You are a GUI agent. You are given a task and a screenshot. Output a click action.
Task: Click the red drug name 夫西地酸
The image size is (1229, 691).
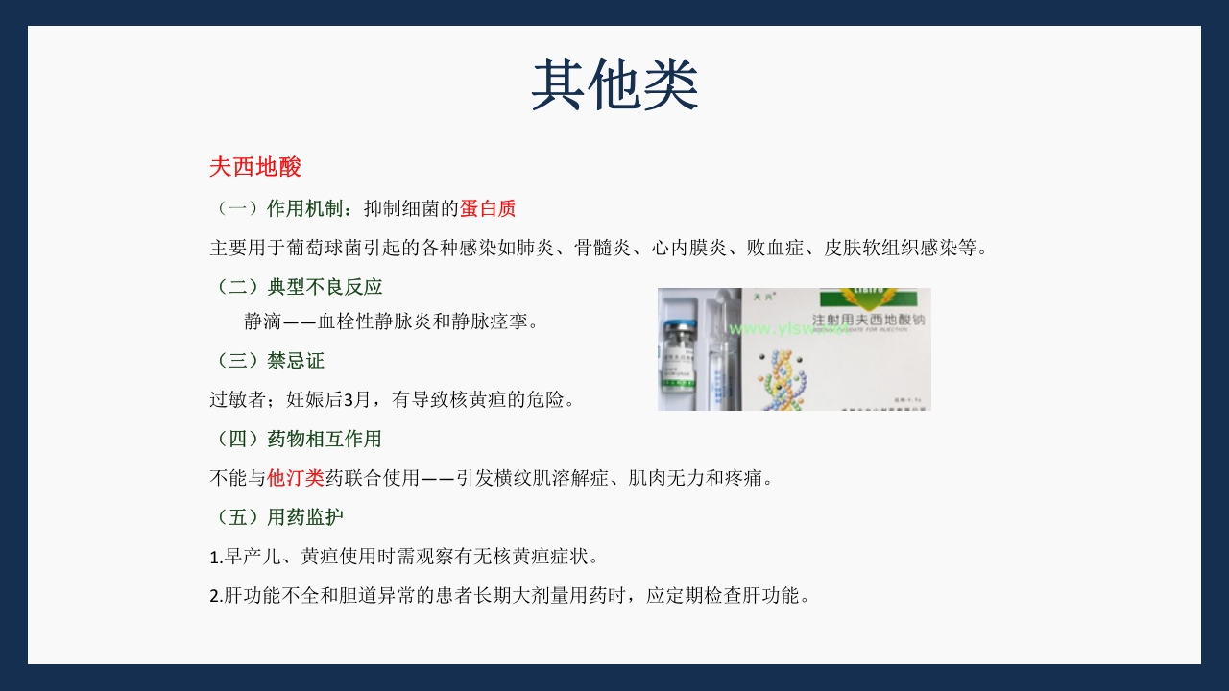[255, 167]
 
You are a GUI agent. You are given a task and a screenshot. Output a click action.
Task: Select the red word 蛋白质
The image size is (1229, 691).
[488, 208]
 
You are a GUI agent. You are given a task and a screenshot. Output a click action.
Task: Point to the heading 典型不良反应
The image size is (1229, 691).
[325, 286]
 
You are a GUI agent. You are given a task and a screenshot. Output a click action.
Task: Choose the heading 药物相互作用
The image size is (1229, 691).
[325, 439]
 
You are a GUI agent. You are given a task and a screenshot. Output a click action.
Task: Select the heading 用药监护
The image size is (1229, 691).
[305, 517]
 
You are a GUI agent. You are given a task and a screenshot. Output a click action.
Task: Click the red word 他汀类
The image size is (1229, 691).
[296, 477]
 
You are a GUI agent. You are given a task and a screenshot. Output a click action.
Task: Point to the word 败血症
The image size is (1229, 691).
[758, 248]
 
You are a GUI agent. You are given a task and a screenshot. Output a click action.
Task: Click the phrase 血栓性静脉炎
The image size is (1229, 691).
[375, 322]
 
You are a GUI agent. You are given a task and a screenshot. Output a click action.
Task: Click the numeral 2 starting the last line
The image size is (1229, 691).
[214, 596]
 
